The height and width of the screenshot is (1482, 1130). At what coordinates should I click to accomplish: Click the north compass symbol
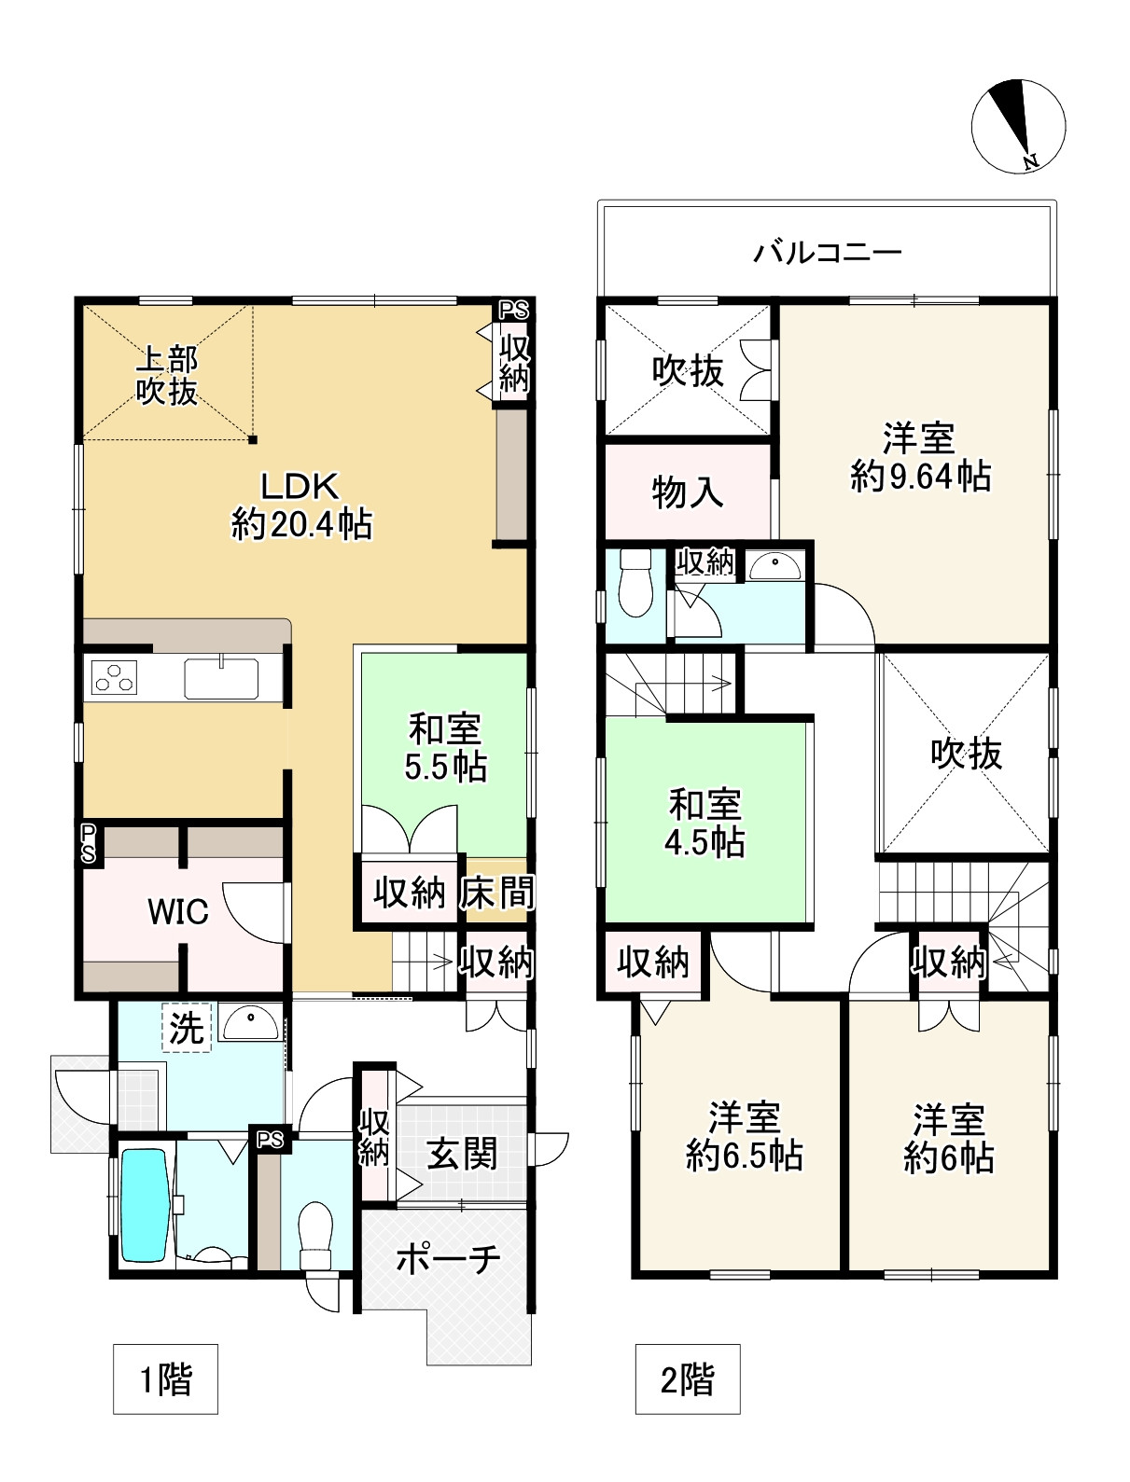[x=1018, y=126]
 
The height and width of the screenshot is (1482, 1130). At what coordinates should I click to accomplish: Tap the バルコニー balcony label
[x=828, y=252]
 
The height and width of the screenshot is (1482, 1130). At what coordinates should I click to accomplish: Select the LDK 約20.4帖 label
[x=300, y=506]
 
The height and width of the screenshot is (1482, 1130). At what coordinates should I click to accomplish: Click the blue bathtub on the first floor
[x=145, y=1204]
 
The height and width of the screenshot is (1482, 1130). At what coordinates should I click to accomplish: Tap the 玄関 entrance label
[x=462, y=1155]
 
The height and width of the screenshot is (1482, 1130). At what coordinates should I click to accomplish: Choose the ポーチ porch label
[x=448, y=1259]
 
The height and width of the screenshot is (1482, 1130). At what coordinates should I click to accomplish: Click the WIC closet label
[x=178, y=912]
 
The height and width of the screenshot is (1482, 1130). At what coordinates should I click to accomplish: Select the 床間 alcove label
[x=496, y=893]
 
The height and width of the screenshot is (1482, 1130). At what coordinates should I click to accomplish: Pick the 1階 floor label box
[x=165, y=1378]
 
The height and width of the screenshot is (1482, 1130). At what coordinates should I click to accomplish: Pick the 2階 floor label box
[x=688, y=1378]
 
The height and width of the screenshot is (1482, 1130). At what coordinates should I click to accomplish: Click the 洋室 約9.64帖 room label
[x=920, y=457]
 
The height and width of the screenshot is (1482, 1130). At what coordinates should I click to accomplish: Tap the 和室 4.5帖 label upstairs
[x=705, y=823]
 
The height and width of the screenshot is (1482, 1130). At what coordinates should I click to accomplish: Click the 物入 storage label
[x=688, y=492]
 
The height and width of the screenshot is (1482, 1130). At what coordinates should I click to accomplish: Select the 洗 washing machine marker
[x=187, y=1027]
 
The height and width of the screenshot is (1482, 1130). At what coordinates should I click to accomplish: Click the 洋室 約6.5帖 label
[x=744, y=1136]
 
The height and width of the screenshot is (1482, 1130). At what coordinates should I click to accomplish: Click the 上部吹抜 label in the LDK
[x=168, y=374]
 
